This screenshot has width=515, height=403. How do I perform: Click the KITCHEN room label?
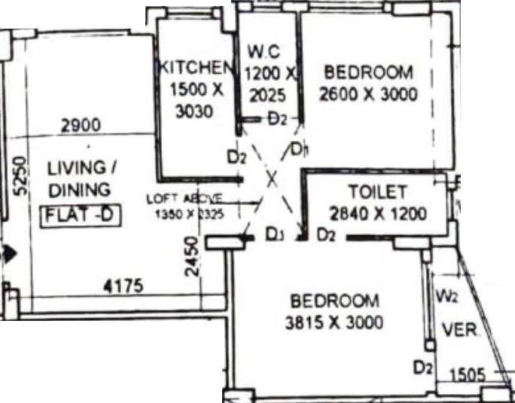pos(193,66)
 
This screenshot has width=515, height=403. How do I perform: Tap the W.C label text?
pos(264,54)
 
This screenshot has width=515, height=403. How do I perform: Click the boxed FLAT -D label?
pos(79,216)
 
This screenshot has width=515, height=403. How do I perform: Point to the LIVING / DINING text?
pos(78,177)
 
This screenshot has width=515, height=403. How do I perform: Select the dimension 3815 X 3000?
pos(335,323)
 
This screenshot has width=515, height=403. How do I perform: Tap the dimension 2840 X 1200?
pos(379,214)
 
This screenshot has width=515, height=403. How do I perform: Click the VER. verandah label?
pos(456,329)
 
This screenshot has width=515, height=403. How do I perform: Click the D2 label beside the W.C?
pos(278,118)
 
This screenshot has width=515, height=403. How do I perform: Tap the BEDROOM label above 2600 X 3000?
pos(368,73)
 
